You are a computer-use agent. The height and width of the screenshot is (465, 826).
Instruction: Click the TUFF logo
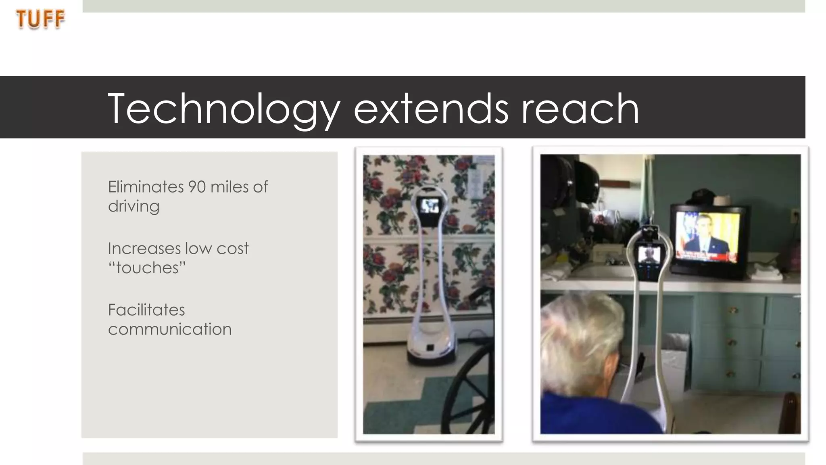point(40,19)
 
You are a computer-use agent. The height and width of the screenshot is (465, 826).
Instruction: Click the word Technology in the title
point(224,108)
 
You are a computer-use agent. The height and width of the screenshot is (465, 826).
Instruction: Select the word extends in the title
point(431,108)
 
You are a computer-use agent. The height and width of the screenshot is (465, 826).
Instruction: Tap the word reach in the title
point(580,108)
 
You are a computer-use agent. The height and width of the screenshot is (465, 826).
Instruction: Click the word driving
point(133,206)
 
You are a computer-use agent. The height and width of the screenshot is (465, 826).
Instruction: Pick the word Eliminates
point(146,187)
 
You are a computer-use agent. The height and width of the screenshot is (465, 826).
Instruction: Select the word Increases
point(144,248)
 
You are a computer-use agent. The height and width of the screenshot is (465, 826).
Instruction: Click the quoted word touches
point(147,268)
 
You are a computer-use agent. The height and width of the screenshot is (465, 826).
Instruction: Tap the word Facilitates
point(146,310)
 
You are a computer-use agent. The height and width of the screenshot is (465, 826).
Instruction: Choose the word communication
point(170,329)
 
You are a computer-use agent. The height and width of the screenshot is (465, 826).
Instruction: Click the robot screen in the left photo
point(429,206)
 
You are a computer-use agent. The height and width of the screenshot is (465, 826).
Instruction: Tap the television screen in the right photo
point(708,236)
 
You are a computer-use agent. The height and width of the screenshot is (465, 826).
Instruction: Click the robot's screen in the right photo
point(649,256)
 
